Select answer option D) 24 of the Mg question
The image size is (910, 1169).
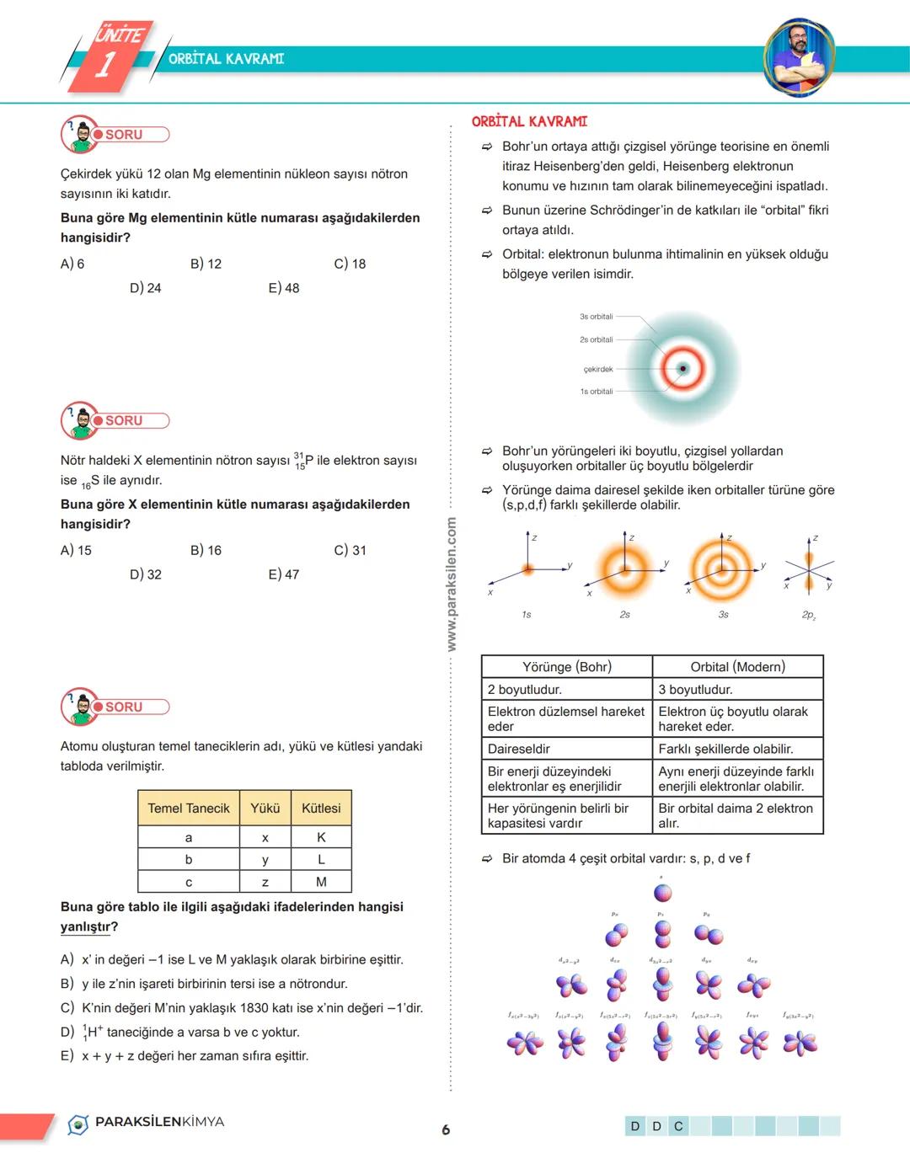[145, 288]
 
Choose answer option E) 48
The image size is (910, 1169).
[284, 288]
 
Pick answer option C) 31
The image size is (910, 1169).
[350, 550]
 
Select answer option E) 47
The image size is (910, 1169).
[284, 574]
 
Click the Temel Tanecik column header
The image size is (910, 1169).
[189, 808]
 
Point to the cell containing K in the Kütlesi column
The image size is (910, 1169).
[321, 837]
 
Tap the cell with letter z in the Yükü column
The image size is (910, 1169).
[265, 882]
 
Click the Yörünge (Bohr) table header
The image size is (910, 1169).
[566, 667]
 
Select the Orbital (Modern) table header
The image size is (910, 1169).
[737, 667]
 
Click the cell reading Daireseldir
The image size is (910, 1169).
[519, 749]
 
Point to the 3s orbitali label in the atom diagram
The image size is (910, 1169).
[596, 317]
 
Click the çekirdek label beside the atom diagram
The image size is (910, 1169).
[598, 369]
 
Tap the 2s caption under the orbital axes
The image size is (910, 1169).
[624, 615]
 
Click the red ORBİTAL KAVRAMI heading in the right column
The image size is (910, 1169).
[529, 121]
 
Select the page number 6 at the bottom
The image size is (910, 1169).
[446, 1129]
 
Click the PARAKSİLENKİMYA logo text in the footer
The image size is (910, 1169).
[159, 1122]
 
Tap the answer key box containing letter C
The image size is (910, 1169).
[678, 1126]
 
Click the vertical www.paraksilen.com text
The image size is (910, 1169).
[452, 584]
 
